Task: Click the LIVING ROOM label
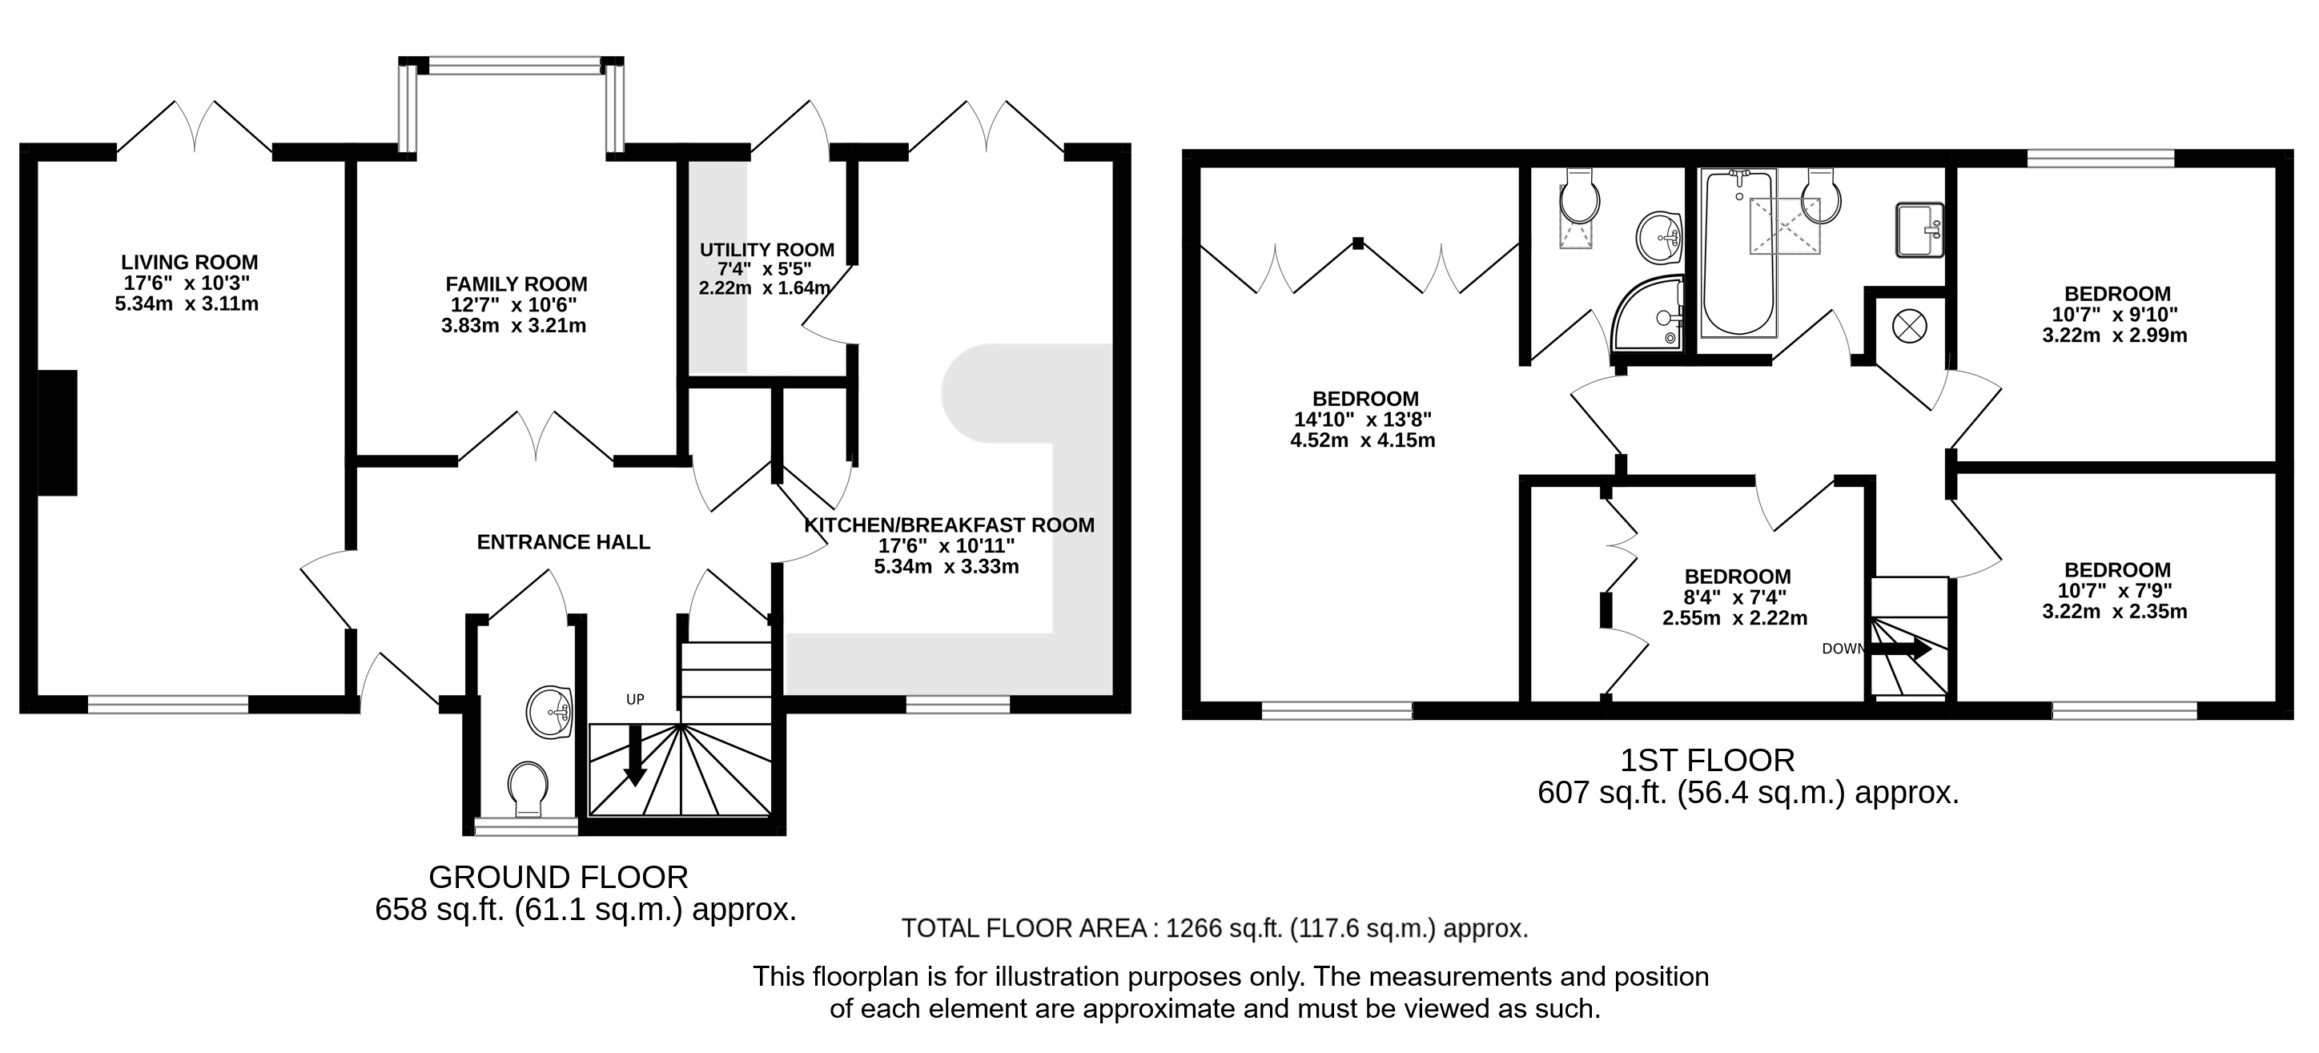coord(189,262)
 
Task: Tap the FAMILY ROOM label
coord(516,283)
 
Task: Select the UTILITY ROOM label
coord(767,249)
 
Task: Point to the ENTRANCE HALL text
coord(564,542)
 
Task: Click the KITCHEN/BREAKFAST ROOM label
coord(949,524)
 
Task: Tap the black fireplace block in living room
coord(58,433)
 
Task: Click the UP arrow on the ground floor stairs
coord(636,754)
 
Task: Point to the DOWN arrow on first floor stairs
coord(1901,648)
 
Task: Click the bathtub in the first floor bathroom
coord(1738,252)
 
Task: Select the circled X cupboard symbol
coord(1907,325)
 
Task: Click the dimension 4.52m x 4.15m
coord(1362,441)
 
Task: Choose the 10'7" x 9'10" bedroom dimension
coord(2116,315)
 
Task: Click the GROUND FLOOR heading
coord(558,877)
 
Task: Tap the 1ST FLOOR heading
coord(1708,761)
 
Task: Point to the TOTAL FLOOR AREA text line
coord(1216,929)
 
